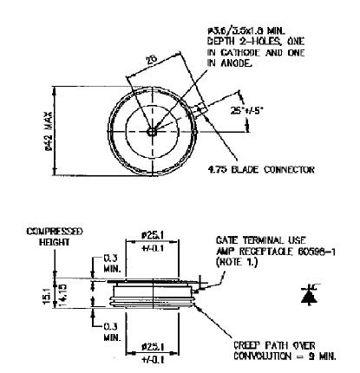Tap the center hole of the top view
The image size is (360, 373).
[152, 132]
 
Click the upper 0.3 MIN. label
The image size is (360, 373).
[108, 263]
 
